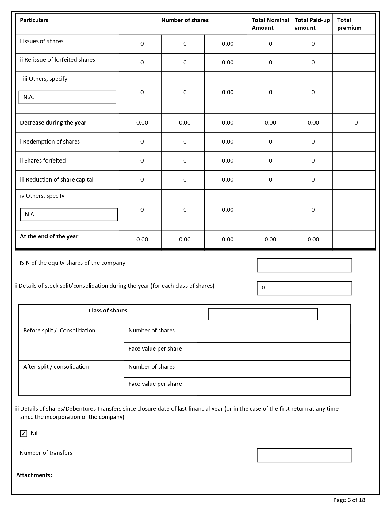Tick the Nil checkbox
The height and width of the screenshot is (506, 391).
(x=24, y=433)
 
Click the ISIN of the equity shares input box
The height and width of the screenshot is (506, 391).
(x=304, y=265)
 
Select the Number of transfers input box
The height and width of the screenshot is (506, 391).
(x=304, y=455)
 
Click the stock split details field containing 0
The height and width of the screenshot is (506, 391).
(x=304, y=288)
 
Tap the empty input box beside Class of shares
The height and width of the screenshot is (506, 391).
(x=263, y=314)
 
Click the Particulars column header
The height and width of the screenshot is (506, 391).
(x=34, y=20)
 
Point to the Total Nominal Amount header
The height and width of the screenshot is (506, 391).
(x=270, y=24)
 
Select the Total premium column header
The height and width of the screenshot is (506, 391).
(x=349, y=24)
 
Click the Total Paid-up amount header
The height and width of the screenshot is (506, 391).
(x=312, y=24)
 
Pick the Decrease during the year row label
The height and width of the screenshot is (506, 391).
(x=53, y=123)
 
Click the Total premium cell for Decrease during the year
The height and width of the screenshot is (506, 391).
(x=356, y=123)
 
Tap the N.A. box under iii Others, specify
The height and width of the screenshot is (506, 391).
(x=67, y=97)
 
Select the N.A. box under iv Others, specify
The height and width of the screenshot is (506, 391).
(x=69, y=214)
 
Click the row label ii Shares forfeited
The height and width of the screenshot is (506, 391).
(x=43, y=161)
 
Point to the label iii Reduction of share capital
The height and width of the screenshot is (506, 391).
(x=57, y=180)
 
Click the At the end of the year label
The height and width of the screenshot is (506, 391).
(x=49, y=236)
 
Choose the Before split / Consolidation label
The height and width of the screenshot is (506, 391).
(x=59, y=331)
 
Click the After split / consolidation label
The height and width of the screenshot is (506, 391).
(x=56, y=367)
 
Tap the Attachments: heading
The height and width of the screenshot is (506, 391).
(x=34, y=475)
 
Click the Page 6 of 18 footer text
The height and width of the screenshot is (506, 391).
(x=349, y=500)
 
